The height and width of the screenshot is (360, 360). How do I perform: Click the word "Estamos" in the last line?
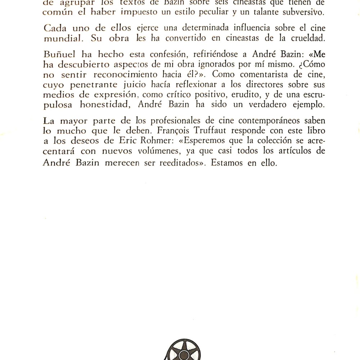click(x=226, y=162)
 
